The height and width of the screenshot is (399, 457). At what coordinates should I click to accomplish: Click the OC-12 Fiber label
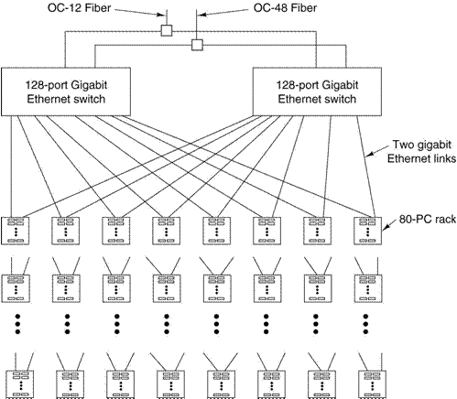click(x=79, y=8)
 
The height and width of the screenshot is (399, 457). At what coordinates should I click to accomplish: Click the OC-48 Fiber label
click(x=285, y=8)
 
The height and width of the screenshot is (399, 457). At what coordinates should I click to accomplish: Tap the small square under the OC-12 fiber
click(x=167, y=30)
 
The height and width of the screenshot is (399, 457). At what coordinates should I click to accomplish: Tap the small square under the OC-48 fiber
click(x=197, y=45)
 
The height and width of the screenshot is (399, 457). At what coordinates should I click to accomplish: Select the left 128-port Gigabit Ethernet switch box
click(x=66, y=92)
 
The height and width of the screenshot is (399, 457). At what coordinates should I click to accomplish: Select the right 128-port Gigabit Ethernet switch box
click(x=317, y=92)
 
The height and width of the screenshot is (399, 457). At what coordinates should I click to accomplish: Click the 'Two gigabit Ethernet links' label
click(x=421, y=152)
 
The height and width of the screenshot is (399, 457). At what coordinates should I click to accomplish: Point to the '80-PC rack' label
click(x=428, y=219)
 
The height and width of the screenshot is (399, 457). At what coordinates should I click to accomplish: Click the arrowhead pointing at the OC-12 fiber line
click(x=160, y=15)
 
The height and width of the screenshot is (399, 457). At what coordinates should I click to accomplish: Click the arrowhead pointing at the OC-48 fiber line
click(x=202, y=15)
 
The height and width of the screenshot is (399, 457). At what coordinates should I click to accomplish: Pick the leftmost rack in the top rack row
click(x=16, y=231)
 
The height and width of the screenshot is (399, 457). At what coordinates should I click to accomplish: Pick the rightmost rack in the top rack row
click(x=367, y=231)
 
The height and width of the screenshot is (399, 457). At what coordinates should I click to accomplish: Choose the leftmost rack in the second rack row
click(x=16, y=288)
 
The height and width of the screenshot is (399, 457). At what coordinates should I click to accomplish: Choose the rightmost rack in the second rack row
click(x=368, y=288)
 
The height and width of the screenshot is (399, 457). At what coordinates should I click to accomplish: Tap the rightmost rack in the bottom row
click(x=372, y=384)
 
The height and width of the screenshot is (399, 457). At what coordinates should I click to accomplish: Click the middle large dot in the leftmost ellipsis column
click(x=17, y=324)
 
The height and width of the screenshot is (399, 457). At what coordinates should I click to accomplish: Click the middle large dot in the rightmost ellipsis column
click(x=365, y=324)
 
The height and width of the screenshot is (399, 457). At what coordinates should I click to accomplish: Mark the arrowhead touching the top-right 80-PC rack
click(x=386, y=227)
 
